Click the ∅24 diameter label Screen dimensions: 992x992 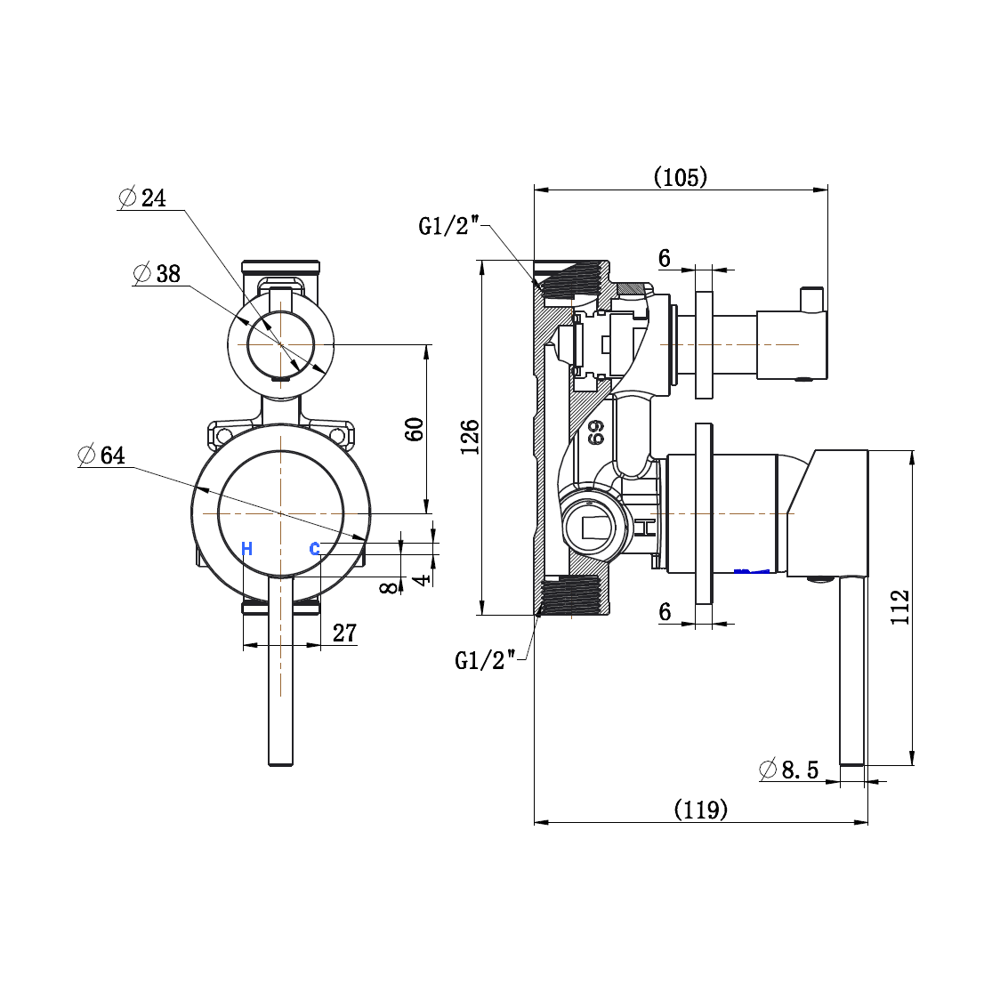click(143, 198)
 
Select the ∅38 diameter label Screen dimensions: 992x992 click(157, 274)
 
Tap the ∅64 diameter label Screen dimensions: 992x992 click(102, 456)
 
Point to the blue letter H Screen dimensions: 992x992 click(246, 549)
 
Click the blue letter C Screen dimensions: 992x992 click(314, 549)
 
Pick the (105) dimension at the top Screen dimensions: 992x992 click(681, 177)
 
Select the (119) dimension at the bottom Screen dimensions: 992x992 click(700, 810)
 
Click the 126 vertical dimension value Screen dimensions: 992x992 click(470, 437)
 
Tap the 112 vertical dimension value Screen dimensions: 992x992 click(900, 607)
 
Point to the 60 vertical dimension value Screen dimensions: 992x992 click(415, 429)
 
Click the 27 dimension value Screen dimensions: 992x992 click(344, 633)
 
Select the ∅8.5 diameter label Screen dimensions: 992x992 click(789, 769)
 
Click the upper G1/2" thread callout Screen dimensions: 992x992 click(450, 226)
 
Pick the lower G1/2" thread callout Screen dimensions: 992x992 click(486, 660)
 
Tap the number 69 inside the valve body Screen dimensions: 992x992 click(595, 432)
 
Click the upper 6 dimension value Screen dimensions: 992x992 click(665, 258)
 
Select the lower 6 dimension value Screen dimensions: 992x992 click(665, 611)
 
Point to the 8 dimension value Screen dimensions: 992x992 click(388, 587)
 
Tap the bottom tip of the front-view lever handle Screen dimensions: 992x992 click(281, 762)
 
